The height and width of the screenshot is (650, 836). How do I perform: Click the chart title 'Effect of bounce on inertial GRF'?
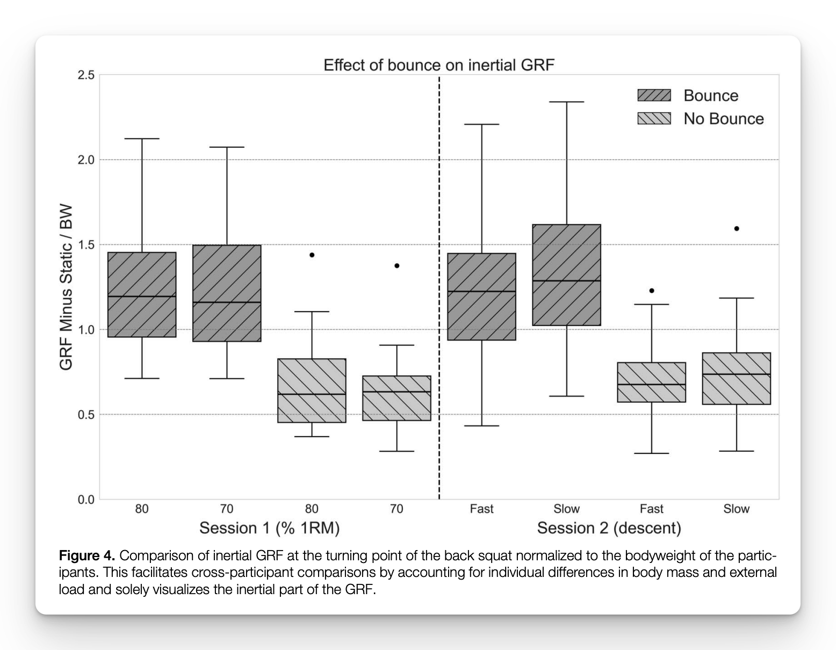438,65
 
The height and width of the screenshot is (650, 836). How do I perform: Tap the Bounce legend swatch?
654,96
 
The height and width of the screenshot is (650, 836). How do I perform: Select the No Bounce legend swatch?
654,119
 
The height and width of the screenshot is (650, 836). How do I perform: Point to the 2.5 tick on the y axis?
85,75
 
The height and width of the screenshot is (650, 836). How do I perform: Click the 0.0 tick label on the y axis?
85,500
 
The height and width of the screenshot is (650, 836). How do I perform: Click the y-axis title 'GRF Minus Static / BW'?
66,287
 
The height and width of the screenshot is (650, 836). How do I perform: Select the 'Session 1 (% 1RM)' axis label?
269,528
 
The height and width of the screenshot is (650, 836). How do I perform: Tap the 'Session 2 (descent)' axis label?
609,528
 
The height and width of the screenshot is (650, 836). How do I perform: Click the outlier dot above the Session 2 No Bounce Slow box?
736,228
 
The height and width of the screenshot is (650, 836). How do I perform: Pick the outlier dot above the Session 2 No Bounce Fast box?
652,291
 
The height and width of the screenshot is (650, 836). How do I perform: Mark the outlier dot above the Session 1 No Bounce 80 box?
312,255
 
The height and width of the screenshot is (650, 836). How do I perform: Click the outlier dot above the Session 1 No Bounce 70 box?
397,265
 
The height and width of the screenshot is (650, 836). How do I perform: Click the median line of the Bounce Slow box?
566,280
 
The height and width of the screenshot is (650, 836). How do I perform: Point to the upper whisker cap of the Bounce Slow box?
566,102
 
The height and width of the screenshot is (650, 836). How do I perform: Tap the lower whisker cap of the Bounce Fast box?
481,425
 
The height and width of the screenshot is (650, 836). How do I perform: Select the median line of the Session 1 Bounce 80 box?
142,296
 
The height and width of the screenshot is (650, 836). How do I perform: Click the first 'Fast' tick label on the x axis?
481,509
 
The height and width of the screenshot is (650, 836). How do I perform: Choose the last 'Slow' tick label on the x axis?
736,509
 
